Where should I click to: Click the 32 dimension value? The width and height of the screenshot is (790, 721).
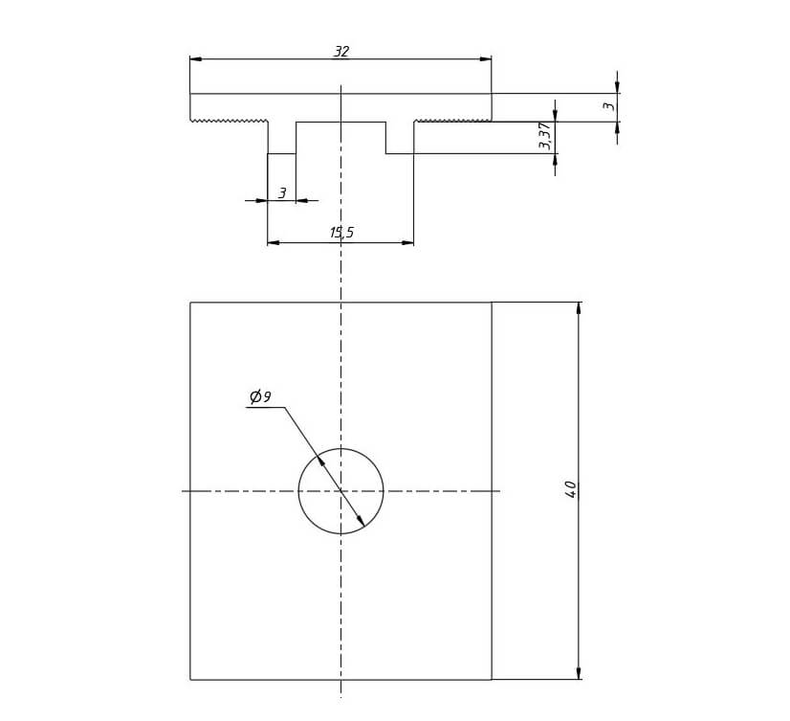pyautogui.click(x=341, y=52)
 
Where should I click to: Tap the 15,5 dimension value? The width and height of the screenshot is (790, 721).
pyautogui.click(x=342, y=233)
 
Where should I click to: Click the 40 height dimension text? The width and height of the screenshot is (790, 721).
pyautogui.click(x=570, y=489)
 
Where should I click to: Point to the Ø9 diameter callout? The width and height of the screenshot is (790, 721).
pyautogui.click(x=260, y=397)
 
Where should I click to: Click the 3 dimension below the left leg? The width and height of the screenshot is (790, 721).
pyautogui.click(x=282, y=192)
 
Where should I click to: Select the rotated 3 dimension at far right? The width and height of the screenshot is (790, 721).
pyautogui.click(x=609, y=106)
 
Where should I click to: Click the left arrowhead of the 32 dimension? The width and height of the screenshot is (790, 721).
pyautogui.click(x=196, y=59)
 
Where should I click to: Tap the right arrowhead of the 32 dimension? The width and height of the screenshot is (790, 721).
pyautogui.click(x=485, y=59)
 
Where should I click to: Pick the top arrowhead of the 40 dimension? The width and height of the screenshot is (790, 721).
pyautogui.click(x=579, y=308)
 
